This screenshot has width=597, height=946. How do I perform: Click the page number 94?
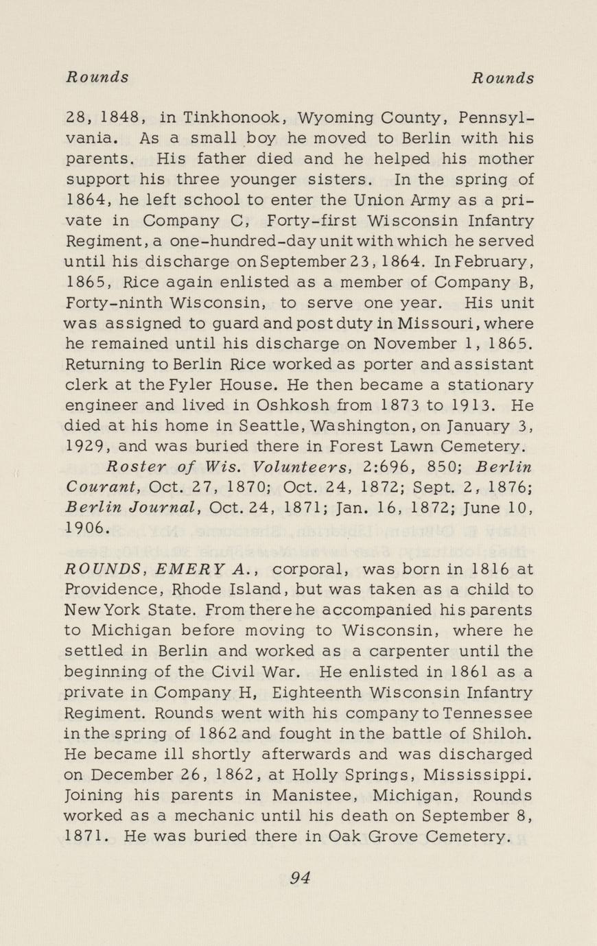click(x=300, y=878)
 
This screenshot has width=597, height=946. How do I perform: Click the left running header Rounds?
click(x=97, y=77)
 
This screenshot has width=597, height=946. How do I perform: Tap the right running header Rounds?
click(x=502, y=78)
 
